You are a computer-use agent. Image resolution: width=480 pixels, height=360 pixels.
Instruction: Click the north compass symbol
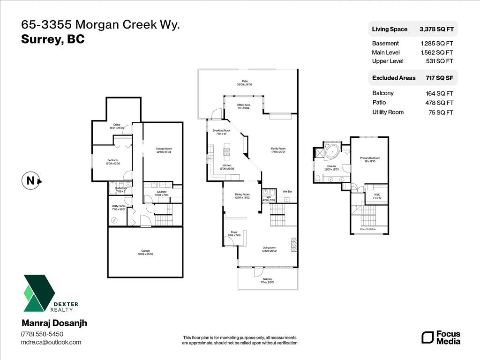(x=31, y=181)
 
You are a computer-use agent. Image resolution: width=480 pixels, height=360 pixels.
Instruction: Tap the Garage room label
(x=145, y=253)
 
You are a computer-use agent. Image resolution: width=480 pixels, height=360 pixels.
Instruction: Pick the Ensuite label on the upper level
(x=331, y=167)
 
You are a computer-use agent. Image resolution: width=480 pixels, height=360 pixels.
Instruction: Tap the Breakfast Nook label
(x=221, y=132)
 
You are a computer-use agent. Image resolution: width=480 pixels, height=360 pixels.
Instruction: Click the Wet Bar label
(x=287, y=191)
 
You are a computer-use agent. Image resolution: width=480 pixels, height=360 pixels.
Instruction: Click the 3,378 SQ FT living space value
(x=436, y=29)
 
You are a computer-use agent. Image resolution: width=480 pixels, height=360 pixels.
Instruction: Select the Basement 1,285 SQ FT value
(x=437, y=44)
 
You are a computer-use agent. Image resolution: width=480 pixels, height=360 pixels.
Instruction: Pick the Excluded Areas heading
(x=394, y=78)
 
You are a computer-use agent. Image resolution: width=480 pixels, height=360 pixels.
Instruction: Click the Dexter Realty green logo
(x=40, y=293)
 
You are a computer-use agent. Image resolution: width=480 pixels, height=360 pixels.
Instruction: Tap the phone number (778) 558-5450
(x=42, y=334)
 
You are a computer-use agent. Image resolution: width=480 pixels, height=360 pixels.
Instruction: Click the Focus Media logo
(x=441, y=337)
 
